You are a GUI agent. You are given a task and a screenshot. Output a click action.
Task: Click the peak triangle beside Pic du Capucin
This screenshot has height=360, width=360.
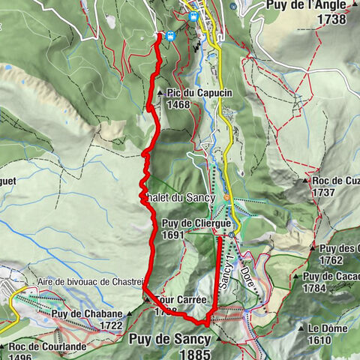click(x=162, y=92)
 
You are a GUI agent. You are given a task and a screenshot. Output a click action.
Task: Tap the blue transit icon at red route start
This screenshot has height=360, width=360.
click(x=171, y=35)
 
